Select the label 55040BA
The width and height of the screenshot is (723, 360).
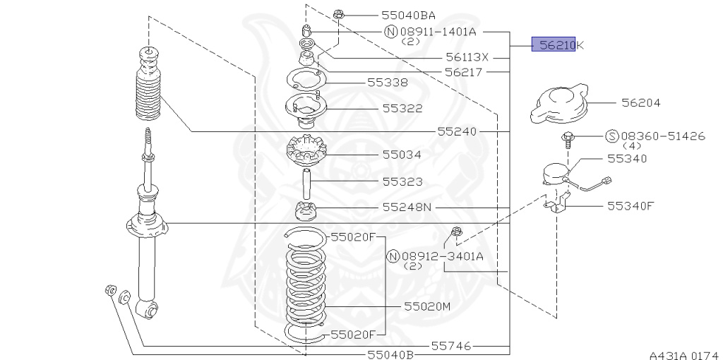point(408,16)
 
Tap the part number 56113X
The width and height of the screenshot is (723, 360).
point(467,57)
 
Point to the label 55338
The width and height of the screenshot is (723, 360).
point(388,83)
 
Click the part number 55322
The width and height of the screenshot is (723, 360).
point(402,108)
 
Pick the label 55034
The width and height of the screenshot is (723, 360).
point(402,155)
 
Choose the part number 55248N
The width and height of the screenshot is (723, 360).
point(407,208)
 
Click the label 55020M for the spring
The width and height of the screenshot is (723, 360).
point(427,306)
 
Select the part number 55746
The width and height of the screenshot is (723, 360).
point(451,345)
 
